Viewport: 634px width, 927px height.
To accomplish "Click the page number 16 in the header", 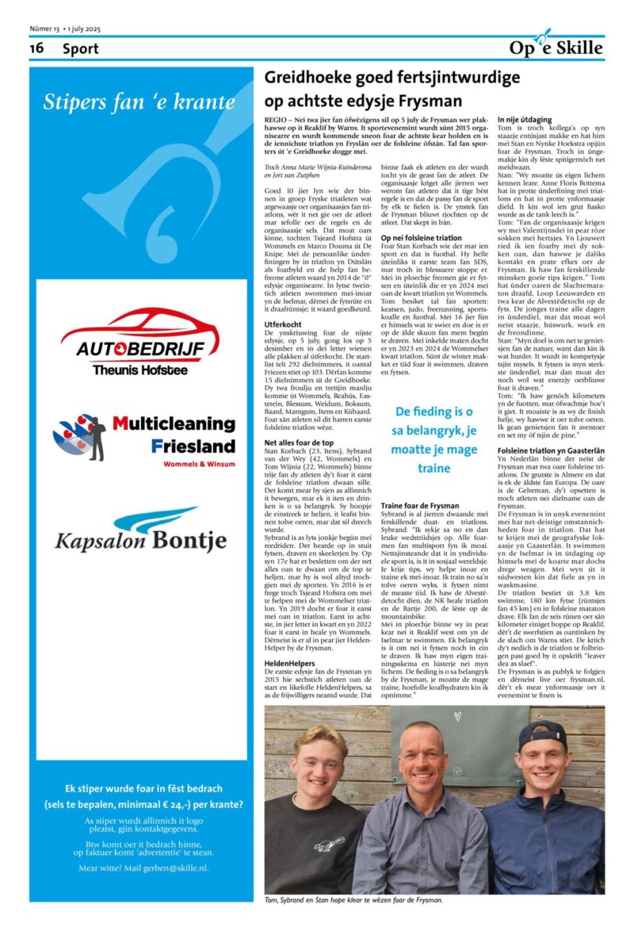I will [x=36, y=48].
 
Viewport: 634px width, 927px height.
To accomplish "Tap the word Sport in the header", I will [x=81, y=48].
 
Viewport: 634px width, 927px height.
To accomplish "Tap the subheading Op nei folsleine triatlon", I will [x=421, y=237].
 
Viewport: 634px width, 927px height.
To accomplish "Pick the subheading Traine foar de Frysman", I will [x=420, y=504].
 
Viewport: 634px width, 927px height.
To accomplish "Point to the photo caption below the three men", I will [x=354, y=900].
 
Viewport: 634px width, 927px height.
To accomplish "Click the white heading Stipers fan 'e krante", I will [x=139, y=102].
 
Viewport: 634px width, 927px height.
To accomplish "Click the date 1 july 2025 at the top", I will [x=82, y=29].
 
